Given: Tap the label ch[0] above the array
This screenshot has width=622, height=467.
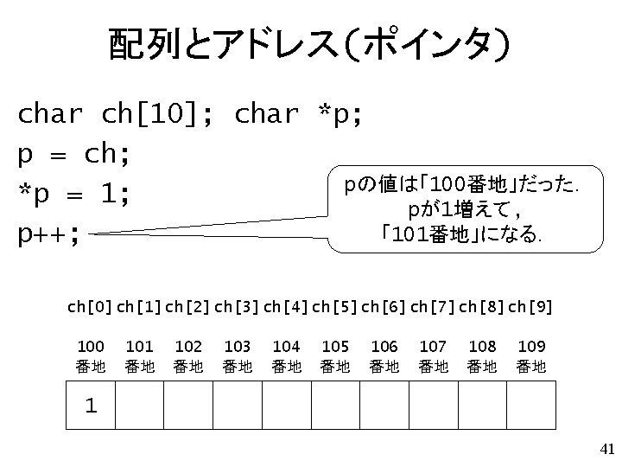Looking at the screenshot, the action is (x=88, y=307).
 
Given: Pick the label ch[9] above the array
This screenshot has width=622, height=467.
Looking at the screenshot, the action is (x=530, y=307).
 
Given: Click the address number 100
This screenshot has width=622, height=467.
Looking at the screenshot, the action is (x=90, y=347).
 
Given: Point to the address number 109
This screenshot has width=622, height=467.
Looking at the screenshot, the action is (x=530, y=347).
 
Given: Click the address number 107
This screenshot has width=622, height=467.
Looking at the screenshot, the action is (x=433, y=347).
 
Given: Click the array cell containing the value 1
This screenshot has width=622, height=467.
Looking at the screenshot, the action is (x=90, y=405).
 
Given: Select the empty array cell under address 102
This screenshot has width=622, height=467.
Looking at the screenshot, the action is (x=187, y=405).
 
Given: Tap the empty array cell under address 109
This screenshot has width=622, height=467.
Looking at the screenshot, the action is (x=530, y=405).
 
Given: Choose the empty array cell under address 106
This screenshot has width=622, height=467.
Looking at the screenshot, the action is (x=384, y=405).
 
